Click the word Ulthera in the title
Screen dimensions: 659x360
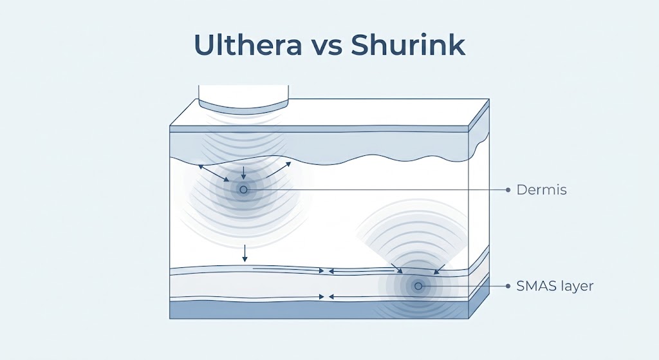[248, 44]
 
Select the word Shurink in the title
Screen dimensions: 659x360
[408, 44]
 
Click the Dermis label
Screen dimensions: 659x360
[541, 190]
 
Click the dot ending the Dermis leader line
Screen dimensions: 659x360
[508, 190]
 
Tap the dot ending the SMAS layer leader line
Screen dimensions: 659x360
[508, 286]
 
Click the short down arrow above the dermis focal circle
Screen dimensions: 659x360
[243, 173]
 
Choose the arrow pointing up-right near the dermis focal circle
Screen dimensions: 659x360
[278, 169]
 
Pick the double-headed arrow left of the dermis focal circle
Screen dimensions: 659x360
[214, 173]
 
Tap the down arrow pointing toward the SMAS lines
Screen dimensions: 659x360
[245, 253]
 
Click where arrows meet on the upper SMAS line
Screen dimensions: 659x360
[326, 271]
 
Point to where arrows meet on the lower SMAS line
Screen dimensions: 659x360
[326, 296]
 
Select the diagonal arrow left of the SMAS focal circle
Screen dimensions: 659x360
[396, 269]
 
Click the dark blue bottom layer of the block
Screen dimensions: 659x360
[319, 310]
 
